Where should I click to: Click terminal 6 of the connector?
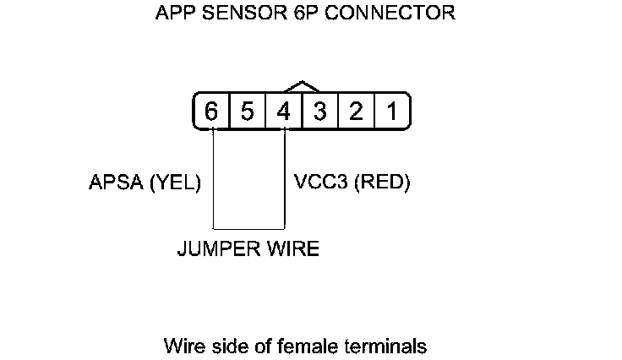(x=211, y=112)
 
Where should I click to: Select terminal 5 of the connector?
(x=248, y=112)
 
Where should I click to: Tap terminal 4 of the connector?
(x=284, y=112)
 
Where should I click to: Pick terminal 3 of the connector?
(x=320, y=112)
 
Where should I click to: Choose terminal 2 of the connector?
(x=357, y=112)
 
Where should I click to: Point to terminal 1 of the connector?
(x=392, y=112)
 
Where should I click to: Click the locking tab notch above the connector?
(x=302, y=86)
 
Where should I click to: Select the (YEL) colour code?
(x=175, y=183)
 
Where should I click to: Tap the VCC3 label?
(x=319, y=183)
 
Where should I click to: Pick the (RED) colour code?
(x=382, y=183)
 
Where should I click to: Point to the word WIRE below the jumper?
(x=292, y=250)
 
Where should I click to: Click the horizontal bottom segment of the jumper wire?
(x=248, y=228)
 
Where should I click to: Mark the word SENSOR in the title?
(x=236, y=14)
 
